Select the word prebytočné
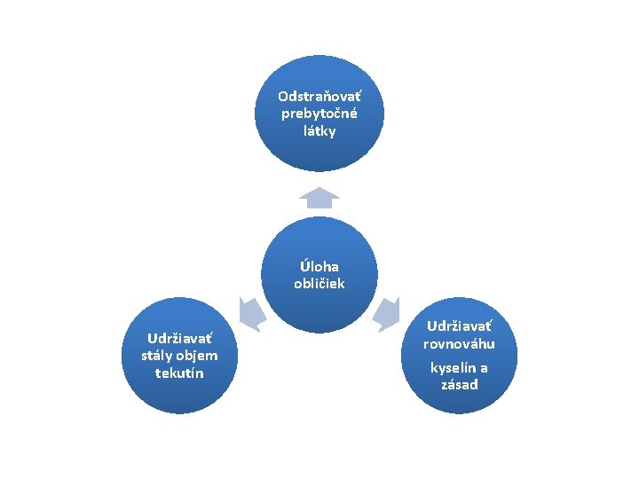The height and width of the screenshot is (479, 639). point(319,114)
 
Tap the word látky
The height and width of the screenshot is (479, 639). point(319,130)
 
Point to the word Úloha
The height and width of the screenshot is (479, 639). point(319,266)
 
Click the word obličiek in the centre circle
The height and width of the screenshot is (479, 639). point(319,284)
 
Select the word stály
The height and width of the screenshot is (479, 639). point(157,356)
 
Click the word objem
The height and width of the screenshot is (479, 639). point(196,356)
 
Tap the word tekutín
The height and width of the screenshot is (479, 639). point(178,373)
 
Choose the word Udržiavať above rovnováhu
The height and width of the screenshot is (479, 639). point(458,326)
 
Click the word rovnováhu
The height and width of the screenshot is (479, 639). point(458,344)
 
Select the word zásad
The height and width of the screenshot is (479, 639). point(459,384)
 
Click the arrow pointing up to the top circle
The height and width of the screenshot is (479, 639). point(319,197)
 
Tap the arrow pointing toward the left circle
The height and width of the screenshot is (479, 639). point(250,313)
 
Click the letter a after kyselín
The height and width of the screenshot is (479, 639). point(484,367)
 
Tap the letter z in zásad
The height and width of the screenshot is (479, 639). point(444,385)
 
